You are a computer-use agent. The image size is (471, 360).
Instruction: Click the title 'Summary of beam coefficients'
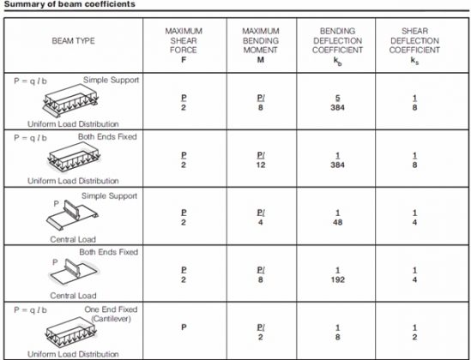coord(53,4)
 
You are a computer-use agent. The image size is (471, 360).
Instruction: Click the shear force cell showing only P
coord(183,327)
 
